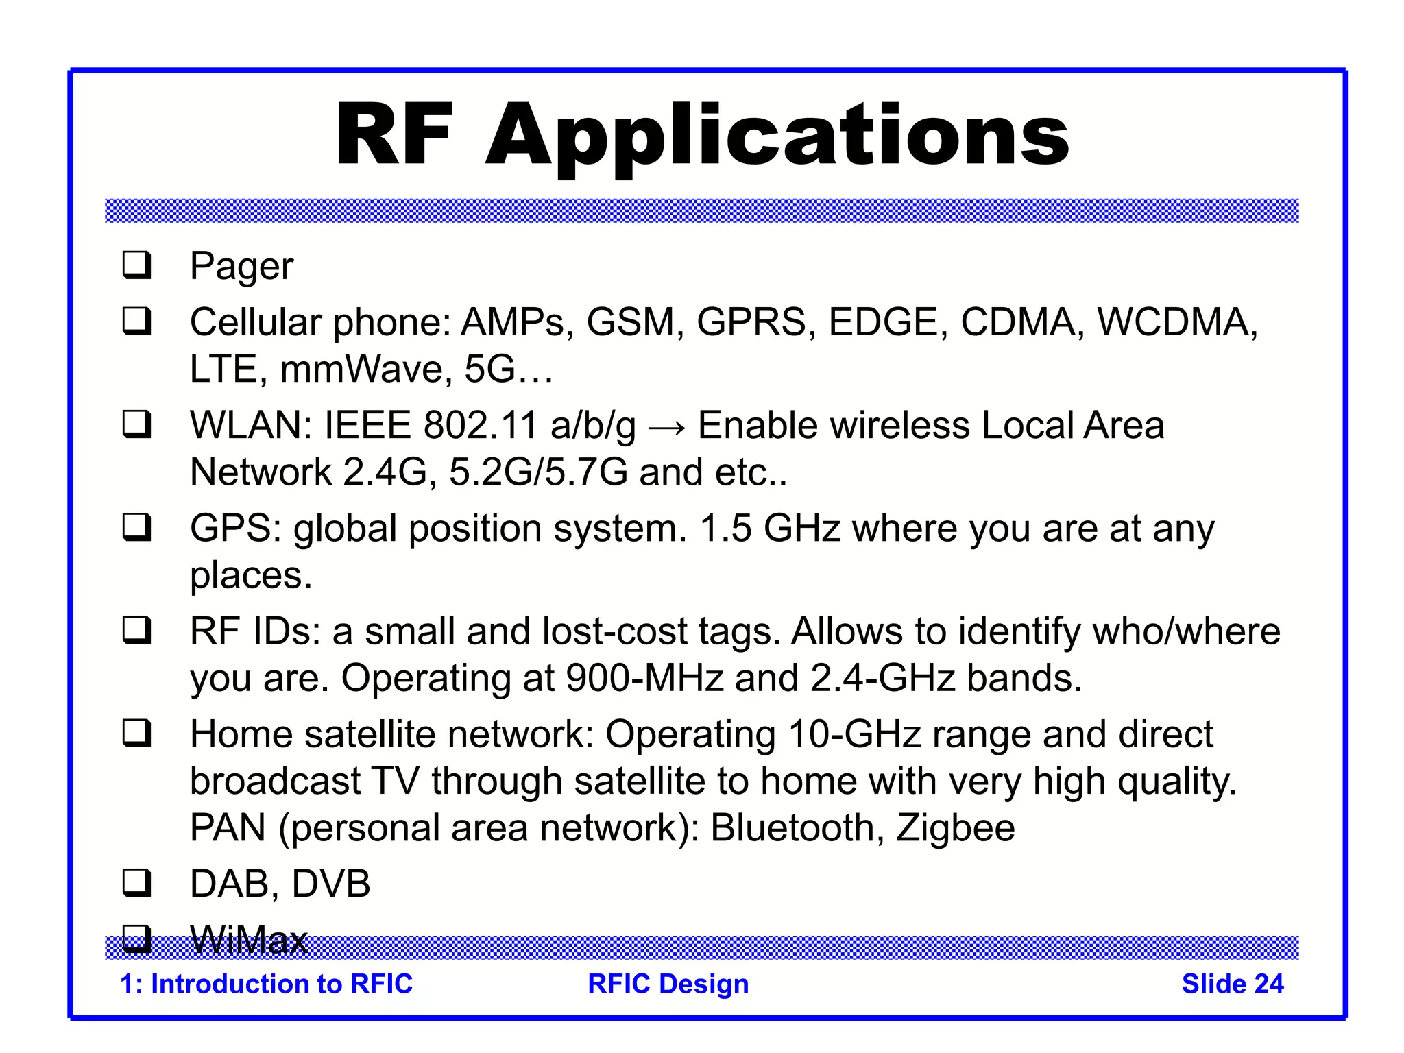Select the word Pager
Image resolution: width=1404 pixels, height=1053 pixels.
tap(241, 266)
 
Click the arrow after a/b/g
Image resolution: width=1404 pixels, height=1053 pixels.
tap(666, 426)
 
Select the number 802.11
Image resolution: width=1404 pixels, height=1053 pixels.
tap(480, 425)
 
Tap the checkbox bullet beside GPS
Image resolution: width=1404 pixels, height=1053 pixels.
tap(136, 527)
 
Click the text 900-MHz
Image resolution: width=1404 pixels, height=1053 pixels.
tap(644, 678)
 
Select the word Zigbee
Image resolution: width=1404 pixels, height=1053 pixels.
tap(956, 827)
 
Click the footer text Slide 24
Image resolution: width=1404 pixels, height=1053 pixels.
tap(1233, 984)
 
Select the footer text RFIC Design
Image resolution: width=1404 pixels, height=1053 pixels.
tap(668, 984)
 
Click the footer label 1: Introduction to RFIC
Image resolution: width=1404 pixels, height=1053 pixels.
tap(266, 984)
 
